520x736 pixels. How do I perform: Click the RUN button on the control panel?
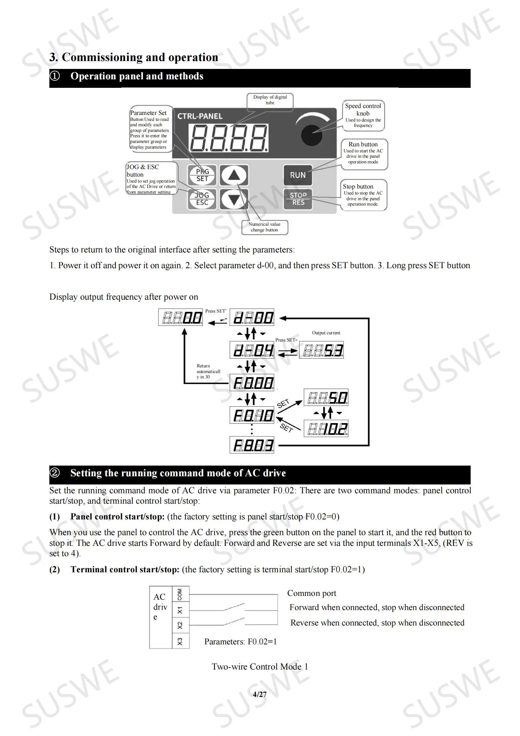[297, 175]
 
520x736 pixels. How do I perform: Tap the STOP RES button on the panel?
[298, 199]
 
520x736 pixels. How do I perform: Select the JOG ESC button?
[202, 199]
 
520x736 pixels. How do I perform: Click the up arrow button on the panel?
[235, 175]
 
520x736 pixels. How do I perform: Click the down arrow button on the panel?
[235, 199]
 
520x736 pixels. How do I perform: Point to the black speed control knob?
[312, 134]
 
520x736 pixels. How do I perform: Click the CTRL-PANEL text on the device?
[200, 116]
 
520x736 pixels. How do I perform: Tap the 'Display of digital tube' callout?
[270, 100]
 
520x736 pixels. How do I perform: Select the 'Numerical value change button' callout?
[264, 227]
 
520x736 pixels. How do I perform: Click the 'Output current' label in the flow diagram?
[326, 333]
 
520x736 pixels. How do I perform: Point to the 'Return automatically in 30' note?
[208, 371]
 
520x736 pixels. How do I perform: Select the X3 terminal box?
[180, 641]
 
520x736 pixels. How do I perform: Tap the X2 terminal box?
[180, 625]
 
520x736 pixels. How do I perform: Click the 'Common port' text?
[312, 593]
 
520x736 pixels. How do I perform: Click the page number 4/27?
[260, 694]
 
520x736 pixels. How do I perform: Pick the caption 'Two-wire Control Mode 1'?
[260, 666]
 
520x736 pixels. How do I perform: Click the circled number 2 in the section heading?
[55, 473]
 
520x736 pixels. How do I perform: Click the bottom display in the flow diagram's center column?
[252, 445]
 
